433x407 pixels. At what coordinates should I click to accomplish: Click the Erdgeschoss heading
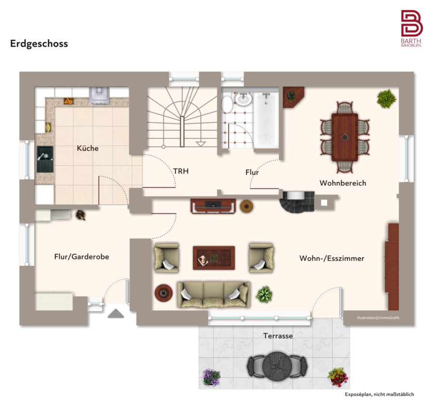coord(39,44)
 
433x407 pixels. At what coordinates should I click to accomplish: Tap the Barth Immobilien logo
coord(411,28)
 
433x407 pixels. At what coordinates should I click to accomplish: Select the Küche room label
coord(88,148)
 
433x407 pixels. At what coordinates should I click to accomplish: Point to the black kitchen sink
coord(45,159)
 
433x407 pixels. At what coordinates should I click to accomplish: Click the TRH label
coord(181,171)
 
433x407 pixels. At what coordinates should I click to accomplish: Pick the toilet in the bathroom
coord(227,104)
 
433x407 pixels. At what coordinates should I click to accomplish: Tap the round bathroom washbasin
coord(243,99)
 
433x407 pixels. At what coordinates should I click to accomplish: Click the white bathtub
coord(266,120)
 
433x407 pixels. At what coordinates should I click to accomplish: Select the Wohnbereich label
coord(343,183)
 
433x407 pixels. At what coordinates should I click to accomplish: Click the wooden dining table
coord(344,137)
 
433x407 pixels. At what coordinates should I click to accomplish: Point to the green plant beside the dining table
coord(387,99)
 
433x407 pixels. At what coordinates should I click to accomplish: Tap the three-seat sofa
coord(214,295)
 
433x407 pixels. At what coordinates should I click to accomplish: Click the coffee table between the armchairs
coord(214,258)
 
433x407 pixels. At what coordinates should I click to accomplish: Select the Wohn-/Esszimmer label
coord(331,259)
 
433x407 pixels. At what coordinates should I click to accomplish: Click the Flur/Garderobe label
coord(81,257)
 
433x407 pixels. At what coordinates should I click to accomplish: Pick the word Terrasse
coord(278,335)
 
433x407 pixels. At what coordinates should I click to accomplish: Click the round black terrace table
coord(277,366)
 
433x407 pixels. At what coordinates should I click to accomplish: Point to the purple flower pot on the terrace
coord(211,377)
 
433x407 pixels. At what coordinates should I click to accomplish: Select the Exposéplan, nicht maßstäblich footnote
coord(379,395)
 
